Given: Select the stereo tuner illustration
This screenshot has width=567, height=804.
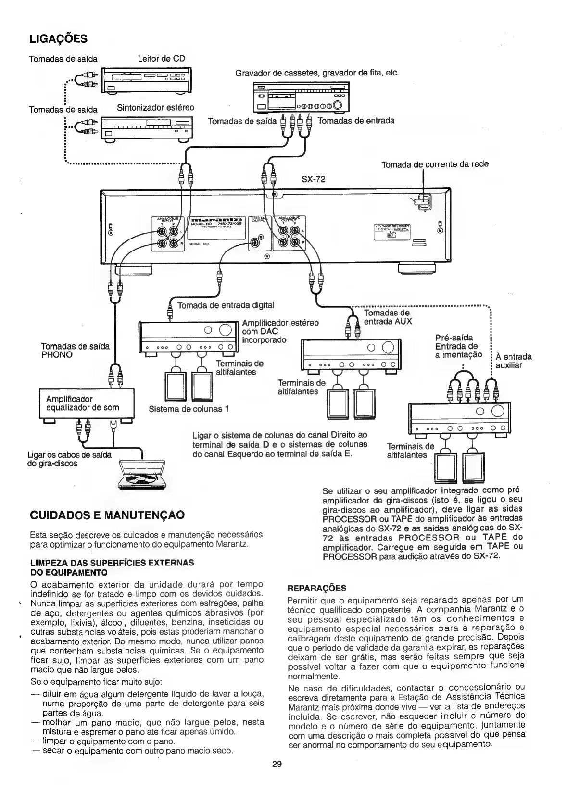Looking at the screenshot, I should point(147,128).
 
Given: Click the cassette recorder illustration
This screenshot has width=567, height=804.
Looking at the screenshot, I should point(301,97).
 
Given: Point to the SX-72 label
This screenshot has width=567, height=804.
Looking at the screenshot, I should point(313,179).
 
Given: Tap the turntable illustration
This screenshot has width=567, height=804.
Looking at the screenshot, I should point(140,476).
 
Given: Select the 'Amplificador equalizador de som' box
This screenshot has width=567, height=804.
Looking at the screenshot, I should point(86,403).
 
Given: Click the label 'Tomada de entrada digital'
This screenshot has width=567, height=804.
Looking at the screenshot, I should point(226,305).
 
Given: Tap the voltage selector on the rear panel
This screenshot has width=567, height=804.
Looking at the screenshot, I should point(392,230).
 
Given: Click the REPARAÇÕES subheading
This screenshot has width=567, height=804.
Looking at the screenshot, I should point(316,588).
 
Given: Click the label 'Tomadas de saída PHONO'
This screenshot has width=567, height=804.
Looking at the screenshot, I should point(76,350).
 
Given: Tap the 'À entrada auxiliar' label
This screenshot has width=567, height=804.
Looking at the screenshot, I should point(513,361).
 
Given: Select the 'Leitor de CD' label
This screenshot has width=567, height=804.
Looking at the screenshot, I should point(161,59).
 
